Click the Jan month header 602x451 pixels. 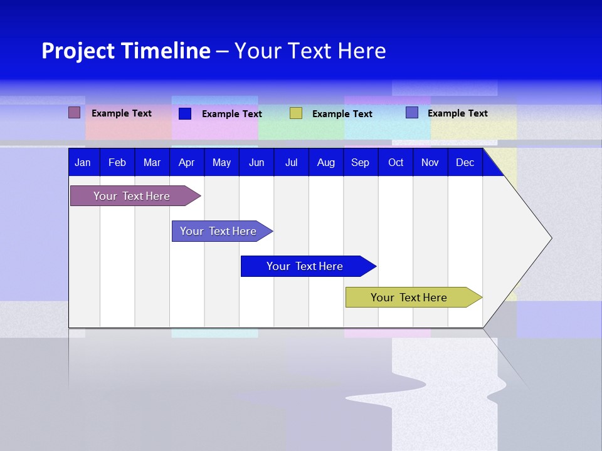(x=83, y=163)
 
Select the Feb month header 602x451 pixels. (x=117, y=163)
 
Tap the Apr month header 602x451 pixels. (x=187, y=163)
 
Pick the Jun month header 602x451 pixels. (x=256, y=163)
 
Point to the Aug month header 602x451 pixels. (x=326, y=163)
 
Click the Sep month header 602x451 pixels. (x=361, y=163)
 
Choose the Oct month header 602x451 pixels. (x=396, y=163)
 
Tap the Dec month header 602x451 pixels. (x=465, y=163)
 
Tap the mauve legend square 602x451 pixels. (x=75, y=113)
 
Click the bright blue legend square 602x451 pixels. (x=185, y=113)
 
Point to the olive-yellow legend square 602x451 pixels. (x=296, y=113)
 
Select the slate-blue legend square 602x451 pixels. (x=412, y=113)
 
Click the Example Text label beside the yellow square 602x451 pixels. (x=342, y=114)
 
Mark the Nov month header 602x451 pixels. (x=430, y=163)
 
